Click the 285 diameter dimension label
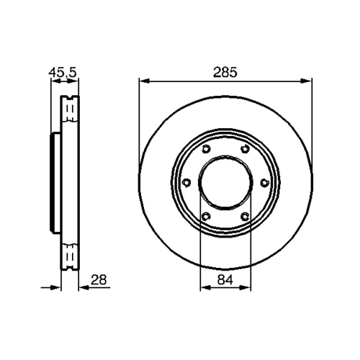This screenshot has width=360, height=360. [225, 73]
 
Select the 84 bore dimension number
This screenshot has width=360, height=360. [225, 280]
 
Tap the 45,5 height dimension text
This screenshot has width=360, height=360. [63, 73]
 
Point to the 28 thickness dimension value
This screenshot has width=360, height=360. [99, 280]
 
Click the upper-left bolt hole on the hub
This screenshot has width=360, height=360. [206, 149]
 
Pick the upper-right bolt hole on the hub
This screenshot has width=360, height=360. [245, 149]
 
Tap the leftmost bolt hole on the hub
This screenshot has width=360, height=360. [186, 183]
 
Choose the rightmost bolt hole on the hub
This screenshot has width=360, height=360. [264, 183]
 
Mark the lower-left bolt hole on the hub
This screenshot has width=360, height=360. [206, 217]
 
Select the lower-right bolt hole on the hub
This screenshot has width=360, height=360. [245, 217]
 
